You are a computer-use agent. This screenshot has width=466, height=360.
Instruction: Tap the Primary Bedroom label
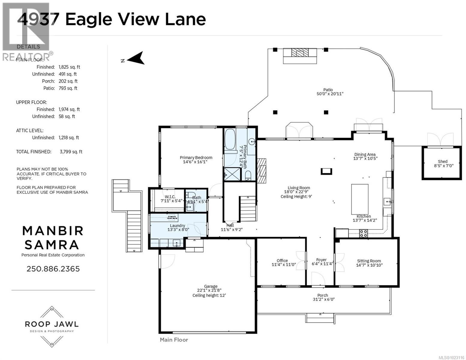pyautogui.click(x=196, y=157)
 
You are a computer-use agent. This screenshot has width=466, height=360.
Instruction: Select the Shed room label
pyautogui.click(x=442, y=161)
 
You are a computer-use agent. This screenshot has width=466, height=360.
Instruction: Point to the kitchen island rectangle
pyautogui.click(x=360, y=198)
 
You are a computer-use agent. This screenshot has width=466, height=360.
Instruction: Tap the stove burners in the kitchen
pyautogui.click(x=364, y=233)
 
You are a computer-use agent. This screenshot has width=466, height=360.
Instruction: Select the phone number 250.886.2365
pyautogui.click(x=53, y=268)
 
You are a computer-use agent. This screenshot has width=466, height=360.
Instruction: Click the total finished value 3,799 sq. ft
pyautogui.click(x=71, y=152)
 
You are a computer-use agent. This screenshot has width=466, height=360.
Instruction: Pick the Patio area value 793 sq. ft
pyautogui.click(x=68, y=88)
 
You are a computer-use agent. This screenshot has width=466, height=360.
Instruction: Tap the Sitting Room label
pyautogui.click(x=369, y=261)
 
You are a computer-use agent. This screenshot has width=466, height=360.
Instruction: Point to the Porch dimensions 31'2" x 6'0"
pyautogui.click(x=323, y=299)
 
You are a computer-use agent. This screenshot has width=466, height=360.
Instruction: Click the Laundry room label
pyautogui.click(x=177, y=226)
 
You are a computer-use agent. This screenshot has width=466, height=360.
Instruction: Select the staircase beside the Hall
pyautogui.click(x=248, y=209)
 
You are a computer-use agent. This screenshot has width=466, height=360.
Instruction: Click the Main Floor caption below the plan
pyautogui.click(x=174, y=340)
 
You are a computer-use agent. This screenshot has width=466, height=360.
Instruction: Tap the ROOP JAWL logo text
pyautogui.click(x=52, y=324)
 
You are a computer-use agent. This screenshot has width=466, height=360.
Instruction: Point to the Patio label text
pyautogui.click(x=328, y=89)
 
